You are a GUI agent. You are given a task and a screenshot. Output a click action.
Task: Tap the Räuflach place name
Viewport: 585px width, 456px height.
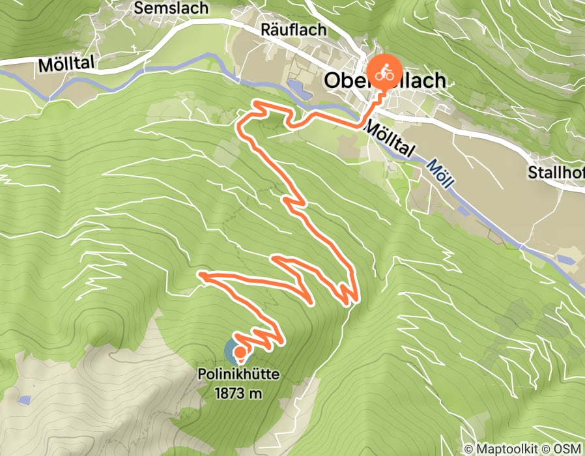289,29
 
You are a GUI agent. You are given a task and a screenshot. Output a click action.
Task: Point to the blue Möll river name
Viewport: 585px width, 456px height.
440,173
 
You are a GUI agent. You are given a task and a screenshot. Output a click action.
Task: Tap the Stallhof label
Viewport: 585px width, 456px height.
556,174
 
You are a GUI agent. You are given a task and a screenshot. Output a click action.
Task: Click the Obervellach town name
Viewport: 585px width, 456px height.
385,81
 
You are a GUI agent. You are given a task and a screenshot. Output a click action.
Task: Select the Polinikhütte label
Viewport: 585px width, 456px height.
240,375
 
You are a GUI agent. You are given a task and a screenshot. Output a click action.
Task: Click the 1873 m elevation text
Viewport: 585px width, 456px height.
240,393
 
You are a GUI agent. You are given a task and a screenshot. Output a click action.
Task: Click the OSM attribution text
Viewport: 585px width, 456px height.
566,449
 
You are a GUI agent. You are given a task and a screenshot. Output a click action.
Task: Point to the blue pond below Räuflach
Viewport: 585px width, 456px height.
296,89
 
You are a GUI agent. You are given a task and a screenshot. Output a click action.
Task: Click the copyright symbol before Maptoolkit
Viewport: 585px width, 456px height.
469,449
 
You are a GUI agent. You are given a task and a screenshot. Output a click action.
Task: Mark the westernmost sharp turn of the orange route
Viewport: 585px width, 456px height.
201,276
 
